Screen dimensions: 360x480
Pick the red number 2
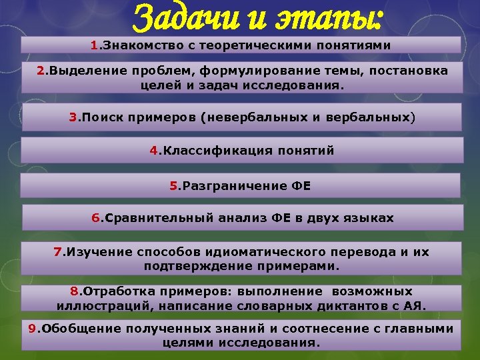click(x=40, y=71)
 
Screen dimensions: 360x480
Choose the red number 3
click(x=73, y=118)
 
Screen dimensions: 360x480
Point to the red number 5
click(x=173, y=186)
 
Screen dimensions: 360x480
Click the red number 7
click(x=57, y=252)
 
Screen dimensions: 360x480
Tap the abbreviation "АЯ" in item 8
click(x=415, y=306)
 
